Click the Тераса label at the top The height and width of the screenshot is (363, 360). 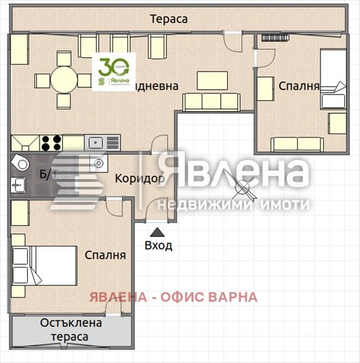pos(168,19)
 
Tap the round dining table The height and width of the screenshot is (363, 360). pos(63,80)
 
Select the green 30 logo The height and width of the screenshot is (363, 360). pos(113,70)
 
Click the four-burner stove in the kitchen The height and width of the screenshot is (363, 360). pos(50,143)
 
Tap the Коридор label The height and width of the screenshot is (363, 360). pos(140,178)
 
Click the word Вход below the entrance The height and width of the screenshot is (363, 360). pos(158,245)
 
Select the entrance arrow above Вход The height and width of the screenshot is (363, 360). pos(158,231)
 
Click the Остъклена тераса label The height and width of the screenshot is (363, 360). pos(71,330)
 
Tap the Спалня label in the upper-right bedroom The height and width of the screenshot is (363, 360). pos(299,86)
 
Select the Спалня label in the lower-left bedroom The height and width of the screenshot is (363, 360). pos(105,255)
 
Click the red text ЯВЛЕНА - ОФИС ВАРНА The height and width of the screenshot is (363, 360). pos(173,297)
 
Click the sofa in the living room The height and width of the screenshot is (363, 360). pos(211,102)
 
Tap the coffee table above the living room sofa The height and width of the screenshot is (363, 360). pos(212,80)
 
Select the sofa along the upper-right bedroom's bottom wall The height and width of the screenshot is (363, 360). pos(297,144)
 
